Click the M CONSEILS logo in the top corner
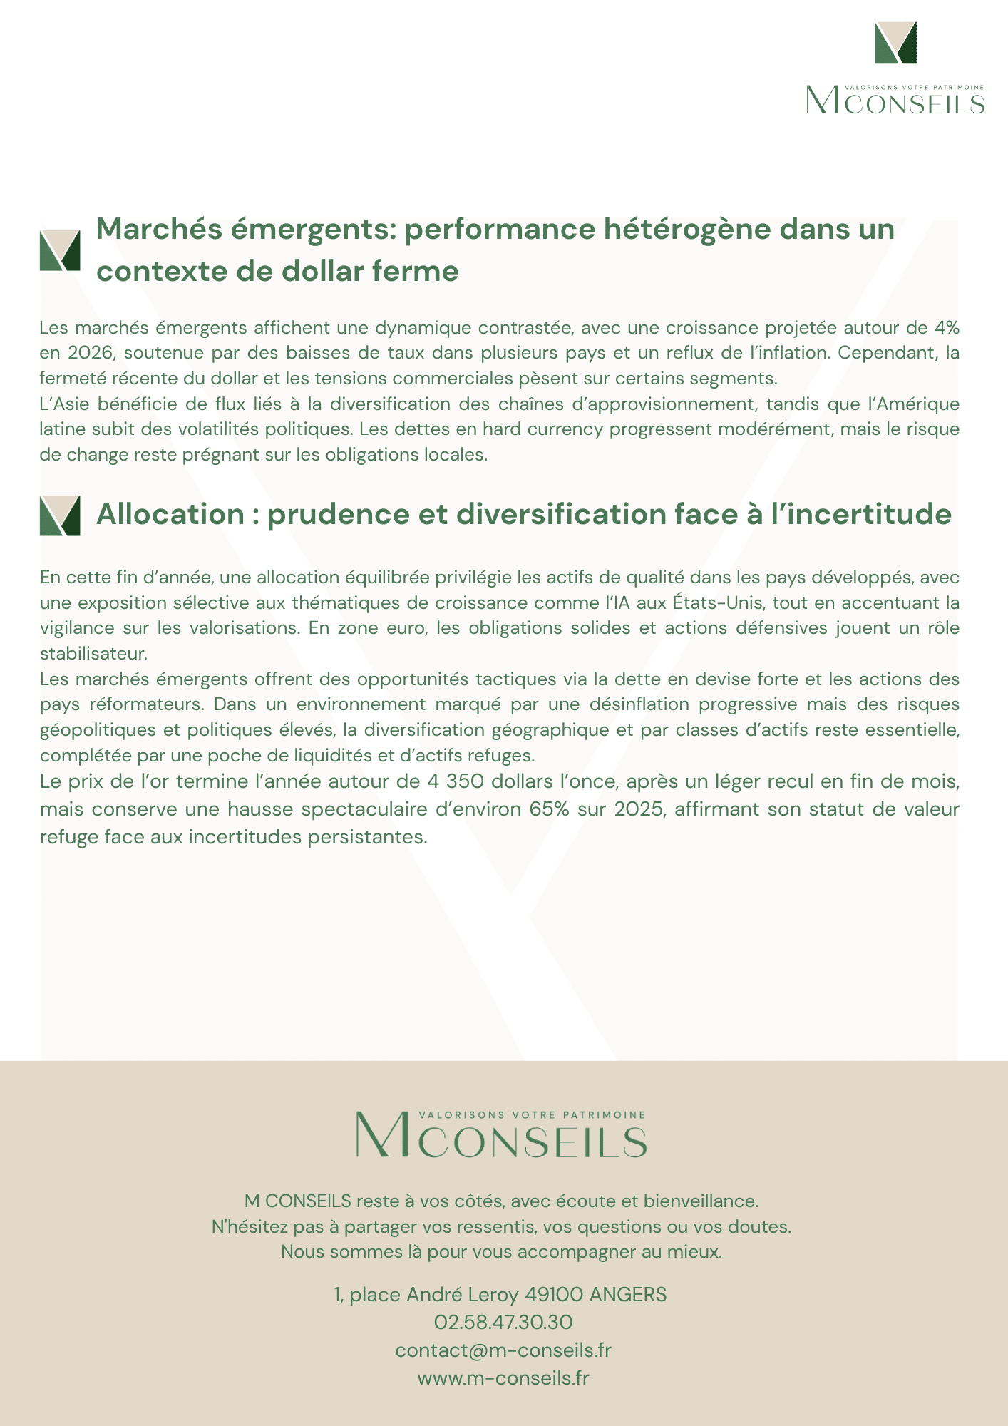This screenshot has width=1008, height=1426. click(x=895, y=68)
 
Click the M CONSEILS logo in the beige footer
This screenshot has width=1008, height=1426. click(x=502, y=1134)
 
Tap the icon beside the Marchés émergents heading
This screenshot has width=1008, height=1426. click(x=60, y=250)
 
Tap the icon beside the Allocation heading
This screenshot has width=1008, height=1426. click(x=60, y=515)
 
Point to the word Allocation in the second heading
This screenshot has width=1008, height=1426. click(x=170, y=514)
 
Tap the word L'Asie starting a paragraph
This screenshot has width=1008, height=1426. click(x=63, y=404)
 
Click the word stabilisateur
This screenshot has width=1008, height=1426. click(x=93, y=654)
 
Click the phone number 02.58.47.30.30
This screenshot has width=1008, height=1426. click(x=503, y=1323)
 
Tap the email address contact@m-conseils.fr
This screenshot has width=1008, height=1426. click(x=503, y=1350)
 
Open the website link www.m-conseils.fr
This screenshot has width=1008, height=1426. click(x=503, y=1378)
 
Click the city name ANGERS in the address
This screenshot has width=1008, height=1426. click(x=627, y=1295)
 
